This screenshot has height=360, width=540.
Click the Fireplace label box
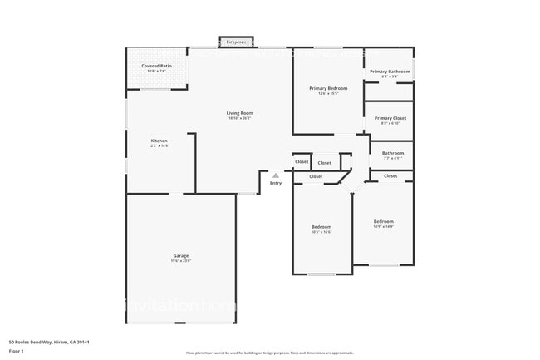[238, 41]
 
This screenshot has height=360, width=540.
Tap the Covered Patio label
[156, 65]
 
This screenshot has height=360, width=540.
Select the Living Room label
[240, 113]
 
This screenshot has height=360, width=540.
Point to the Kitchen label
[159, 141]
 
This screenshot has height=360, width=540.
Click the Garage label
[181, 255]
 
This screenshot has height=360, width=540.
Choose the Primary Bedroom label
[328, 88]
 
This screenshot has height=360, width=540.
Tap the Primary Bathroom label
[390, 72]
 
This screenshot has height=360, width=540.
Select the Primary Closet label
[389, 118]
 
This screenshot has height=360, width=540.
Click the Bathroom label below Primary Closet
[393, 153]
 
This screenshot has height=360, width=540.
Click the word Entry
[276, 183]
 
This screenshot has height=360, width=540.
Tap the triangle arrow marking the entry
[276, 175]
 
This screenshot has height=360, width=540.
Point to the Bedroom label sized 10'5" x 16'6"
[322, 227]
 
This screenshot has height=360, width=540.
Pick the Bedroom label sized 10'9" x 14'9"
[384, 221]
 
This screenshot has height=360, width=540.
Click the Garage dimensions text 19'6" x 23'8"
[181, 261]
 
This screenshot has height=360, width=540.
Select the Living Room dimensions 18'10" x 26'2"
[240, 119]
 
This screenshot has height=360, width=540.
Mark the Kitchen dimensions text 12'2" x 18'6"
[159, 146]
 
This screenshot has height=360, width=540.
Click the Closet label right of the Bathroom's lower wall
[390, 176]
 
